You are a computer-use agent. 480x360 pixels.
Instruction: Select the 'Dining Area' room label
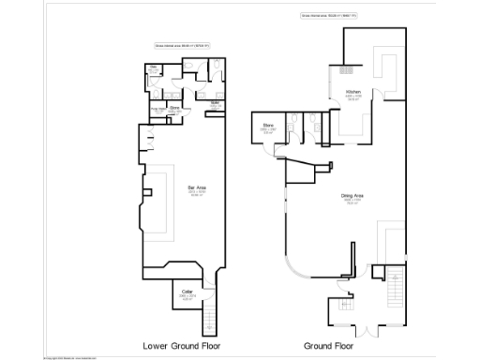[x=352, y=197]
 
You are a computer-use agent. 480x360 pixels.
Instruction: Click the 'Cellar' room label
[x=187, y=293]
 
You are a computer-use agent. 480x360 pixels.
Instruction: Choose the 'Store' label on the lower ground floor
[x=174, y=108]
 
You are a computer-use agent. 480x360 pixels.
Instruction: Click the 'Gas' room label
[x=154, y=67]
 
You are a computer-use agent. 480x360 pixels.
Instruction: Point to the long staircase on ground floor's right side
[x=394, y=285]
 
